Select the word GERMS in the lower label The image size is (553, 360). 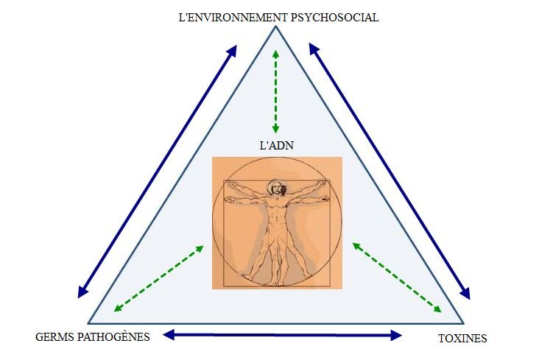coord(54,337)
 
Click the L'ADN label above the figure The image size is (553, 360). coord(277,146)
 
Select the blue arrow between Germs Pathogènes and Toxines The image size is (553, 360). coord(282,335)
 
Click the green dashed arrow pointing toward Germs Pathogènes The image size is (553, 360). coord(159,279)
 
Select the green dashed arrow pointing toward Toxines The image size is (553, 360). coord(397,278)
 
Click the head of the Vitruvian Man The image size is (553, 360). coord(278,188)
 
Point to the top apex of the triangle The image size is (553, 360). coord(276,27)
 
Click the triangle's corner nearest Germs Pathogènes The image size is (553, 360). coord(88,323)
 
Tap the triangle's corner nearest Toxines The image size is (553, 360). coord(463,323)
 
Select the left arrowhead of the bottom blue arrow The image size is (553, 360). coord(168,335)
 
